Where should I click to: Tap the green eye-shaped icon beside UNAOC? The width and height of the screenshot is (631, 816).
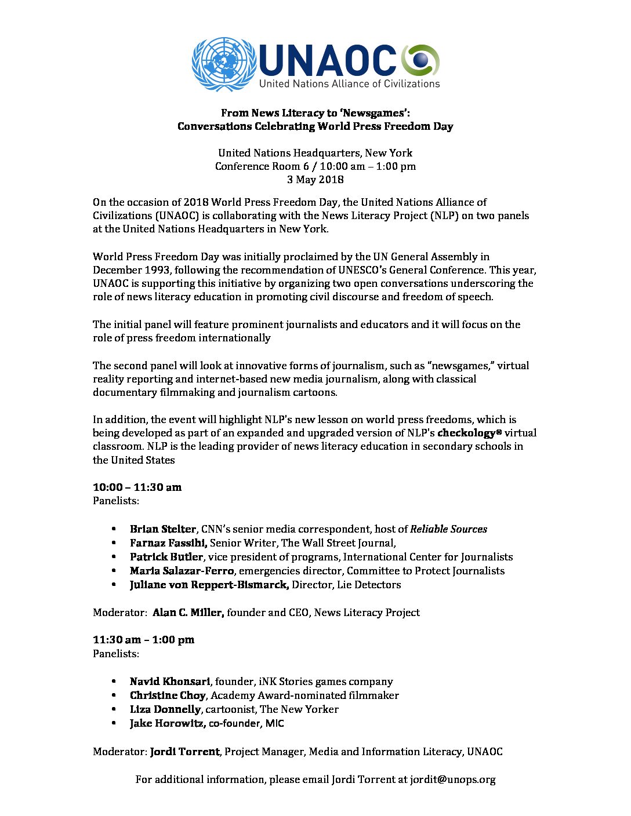click(x=421, y=60)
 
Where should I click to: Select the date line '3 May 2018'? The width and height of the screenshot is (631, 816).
click(x=315, y=180)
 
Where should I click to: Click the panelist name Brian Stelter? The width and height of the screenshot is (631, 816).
click(x=163, y=529)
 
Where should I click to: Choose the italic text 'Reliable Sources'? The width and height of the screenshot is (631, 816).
click(x=448, y=529)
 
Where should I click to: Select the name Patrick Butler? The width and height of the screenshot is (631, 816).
click(x=166, y=557)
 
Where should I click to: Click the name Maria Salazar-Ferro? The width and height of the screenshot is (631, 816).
click(x=182, y=571)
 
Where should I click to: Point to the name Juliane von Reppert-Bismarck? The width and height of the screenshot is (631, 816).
click(x=209, y=585)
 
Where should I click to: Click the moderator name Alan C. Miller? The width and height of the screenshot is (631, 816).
click(x=188, y=613)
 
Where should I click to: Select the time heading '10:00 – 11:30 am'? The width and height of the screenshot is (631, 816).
click(x=137, y=487)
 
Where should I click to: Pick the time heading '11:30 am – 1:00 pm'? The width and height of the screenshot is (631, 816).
click(x=143, y=640)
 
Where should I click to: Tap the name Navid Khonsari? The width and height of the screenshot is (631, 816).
click(x=170, y=682)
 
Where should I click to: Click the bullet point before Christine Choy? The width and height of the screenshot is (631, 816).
click(x=115, y=695)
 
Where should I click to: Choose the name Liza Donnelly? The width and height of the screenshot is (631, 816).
click(x=165, y=709)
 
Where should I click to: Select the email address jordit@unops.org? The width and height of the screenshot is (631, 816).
click(x=453, y=779)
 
